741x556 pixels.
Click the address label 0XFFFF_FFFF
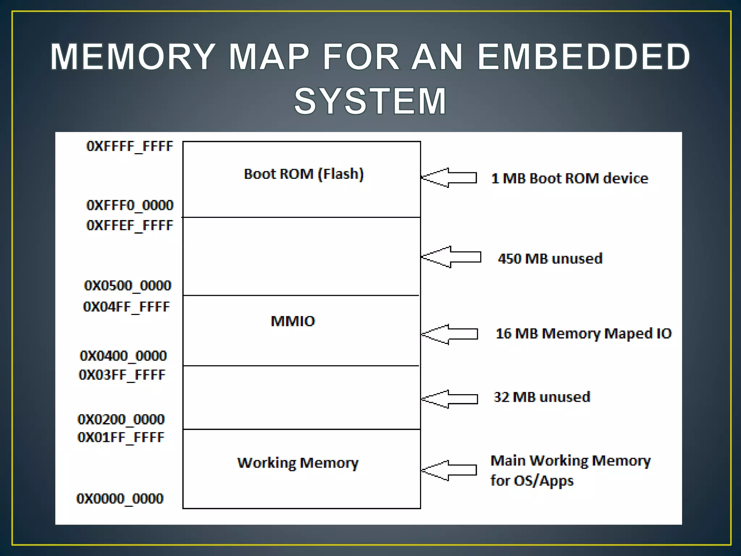point(130,146)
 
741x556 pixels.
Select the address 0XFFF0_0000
point(130,205)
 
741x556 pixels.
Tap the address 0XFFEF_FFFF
point(130,226)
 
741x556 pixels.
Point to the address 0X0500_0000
point(127,286)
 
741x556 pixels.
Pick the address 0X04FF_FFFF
point(126,307)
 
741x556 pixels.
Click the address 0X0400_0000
point(123,356)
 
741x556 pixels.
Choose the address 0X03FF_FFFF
point(122,375)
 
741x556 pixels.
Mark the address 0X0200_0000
point(121,420)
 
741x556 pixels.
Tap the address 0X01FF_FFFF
point(121,438)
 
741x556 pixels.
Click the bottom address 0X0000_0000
point(120,499)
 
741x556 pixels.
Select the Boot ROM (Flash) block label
point(304,174)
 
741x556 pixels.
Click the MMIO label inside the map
point(293,321)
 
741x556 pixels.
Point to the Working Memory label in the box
point(298,463)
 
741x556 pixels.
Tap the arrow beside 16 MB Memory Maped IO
point(450,334)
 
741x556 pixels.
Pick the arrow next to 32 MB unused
point(450,399)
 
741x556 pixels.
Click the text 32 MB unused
point(542,397)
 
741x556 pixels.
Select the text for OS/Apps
point(532,481)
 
